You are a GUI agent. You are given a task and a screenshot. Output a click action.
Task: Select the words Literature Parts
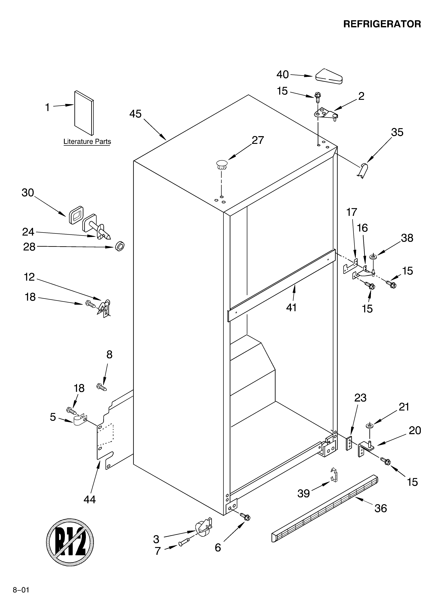87,142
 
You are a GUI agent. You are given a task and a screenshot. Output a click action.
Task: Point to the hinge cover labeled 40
329,77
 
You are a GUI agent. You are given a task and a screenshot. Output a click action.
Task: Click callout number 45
135,114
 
